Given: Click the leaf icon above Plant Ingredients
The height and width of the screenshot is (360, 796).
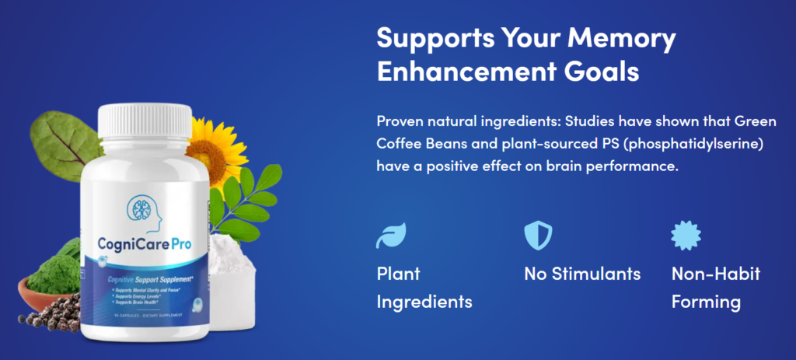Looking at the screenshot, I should point(391,235).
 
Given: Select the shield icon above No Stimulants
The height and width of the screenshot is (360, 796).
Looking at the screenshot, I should point(538,235).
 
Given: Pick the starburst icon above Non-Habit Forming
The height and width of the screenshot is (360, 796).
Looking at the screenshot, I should point(686,235).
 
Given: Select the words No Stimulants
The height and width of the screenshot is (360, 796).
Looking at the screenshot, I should point(582,274).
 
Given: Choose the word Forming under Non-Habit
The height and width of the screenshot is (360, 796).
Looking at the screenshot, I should point(706,302).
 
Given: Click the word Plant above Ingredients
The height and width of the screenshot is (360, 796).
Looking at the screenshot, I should point(398,274).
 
